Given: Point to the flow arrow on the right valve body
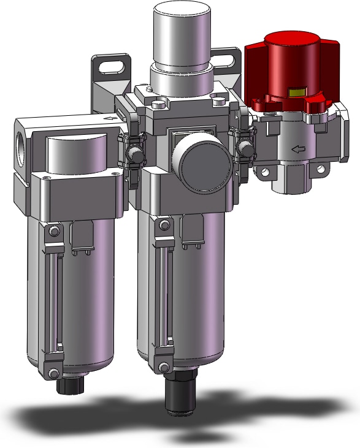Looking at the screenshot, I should [297, 148].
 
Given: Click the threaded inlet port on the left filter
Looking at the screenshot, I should [21, 147].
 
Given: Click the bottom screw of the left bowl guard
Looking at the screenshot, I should [53, 371].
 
